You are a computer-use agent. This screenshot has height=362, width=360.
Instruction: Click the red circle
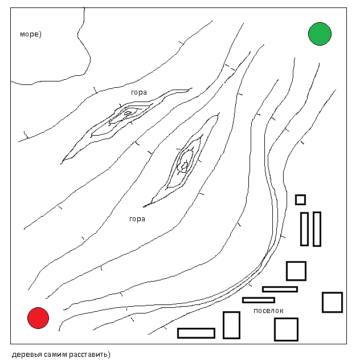tap(38, 318)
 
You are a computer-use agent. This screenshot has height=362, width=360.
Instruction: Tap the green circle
tap(320, 34)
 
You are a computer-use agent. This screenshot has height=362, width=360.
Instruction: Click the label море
tap(29, 34)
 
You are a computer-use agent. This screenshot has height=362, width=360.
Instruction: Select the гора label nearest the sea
tap(138, 92)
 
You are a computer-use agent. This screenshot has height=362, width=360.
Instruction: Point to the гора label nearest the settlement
tap(137, 218)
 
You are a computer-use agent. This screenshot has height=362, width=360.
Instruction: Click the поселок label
tap(268, 311)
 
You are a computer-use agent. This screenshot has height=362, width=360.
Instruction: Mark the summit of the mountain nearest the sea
tap(126, 113)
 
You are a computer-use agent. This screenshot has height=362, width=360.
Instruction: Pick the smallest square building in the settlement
tap(300, 200)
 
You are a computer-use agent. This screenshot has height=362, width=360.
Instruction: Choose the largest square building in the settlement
tap(286, 329)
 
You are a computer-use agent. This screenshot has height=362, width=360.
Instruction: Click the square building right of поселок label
tap(332, 302)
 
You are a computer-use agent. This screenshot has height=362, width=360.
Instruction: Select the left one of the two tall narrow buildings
tap(304, 229)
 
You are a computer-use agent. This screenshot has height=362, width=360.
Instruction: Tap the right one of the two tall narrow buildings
tap(317, 229)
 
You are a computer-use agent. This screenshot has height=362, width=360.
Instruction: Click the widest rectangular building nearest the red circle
tap(196, 333)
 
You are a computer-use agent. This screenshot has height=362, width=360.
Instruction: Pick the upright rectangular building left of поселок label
tap(231, 325)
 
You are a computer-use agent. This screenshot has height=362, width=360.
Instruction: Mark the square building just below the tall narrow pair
tap(296, 271)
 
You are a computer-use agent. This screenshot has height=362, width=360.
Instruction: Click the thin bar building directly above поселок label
tap(258, 300)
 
